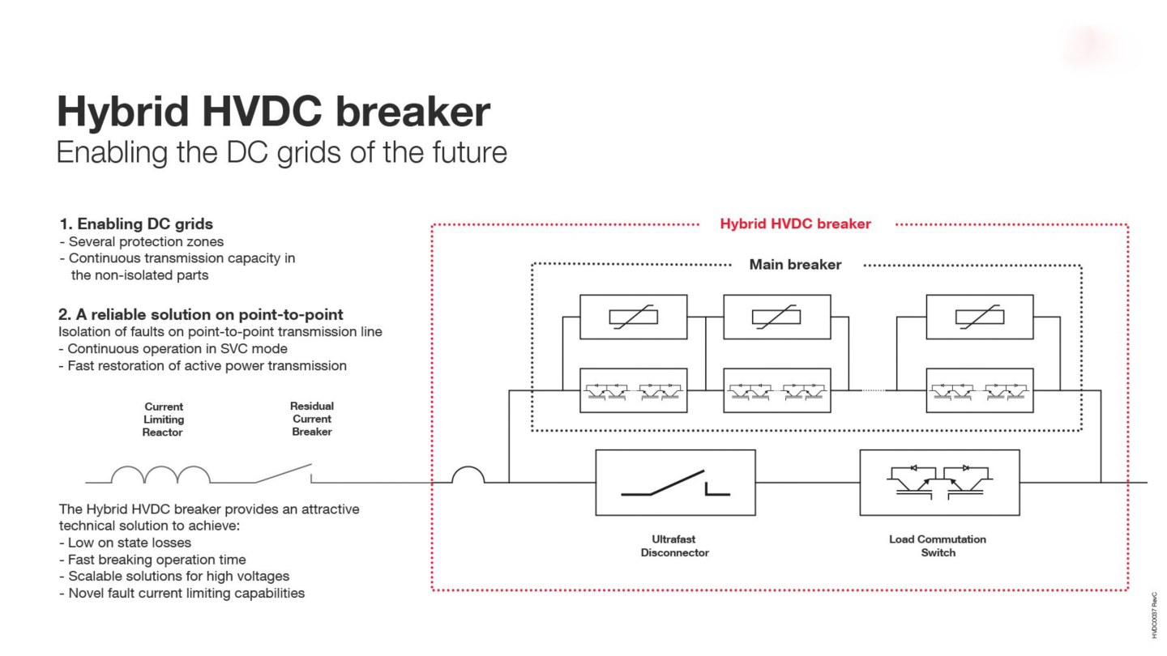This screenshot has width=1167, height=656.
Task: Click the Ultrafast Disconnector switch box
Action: pos(675,483)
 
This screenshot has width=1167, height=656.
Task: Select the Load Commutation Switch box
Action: pos(939,483)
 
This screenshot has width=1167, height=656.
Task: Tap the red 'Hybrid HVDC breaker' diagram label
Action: pos(795,224)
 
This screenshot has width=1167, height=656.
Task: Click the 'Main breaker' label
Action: pos(795,265)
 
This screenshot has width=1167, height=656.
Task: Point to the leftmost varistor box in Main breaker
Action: pos(633,317)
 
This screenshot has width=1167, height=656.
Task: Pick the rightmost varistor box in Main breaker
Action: pos(979,317)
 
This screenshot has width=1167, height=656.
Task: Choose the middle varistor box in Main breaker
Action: pos(776,317)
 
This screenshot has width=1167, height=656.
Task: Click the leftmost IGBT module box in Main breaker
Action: pos(633,390)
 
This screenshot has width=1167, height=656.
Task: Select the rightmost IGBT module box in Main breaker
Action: pos(979,390)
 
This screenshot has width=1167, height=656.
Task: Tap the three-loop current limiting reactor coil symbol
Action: pos(160,475)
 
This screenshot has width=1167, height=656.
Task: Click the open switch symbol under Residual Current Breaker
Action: pos(284,474)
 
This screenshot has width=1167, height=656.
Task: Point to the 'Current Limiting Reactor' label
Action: pos(164,420)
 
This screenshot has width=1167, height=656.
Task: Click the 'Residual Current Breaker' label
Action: pos(312,419)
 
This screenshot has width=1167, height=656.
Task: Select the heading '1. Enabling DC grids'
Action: pos(136,224)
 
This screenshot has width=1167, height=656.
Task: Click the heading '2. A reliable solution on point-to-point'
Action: pos(201,314)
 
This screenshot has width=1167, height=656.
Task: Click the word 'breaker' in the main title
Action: pos(413,112)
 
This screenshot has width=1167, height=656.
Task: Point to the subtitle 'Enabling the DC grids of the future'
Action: pos(281,152)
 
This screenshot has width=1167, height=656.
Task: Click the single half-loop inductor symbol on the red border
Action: pos(468,475)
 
